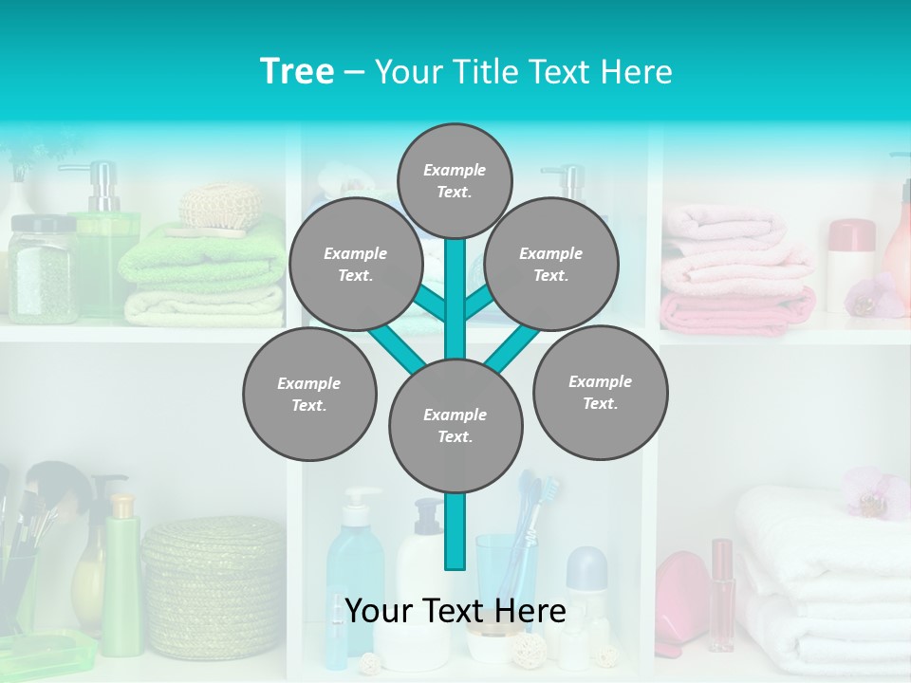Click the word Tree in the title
coord(297,72)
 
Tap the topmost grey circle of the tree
coord(455,180)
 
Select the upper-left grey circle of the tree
coord(356,264)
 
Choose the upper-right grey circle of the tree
coord(551,264)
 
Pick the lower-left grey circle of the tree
coord(309,394)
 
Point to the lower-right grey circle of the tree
coord(600,392)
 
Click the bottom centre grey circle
coord(455,426)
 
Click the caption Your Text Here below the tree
coord(455,612)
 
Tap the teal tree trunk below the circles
coord(455,531)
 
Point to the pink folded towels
coord(735,275)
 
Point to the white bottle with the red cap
coord(849,266)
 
